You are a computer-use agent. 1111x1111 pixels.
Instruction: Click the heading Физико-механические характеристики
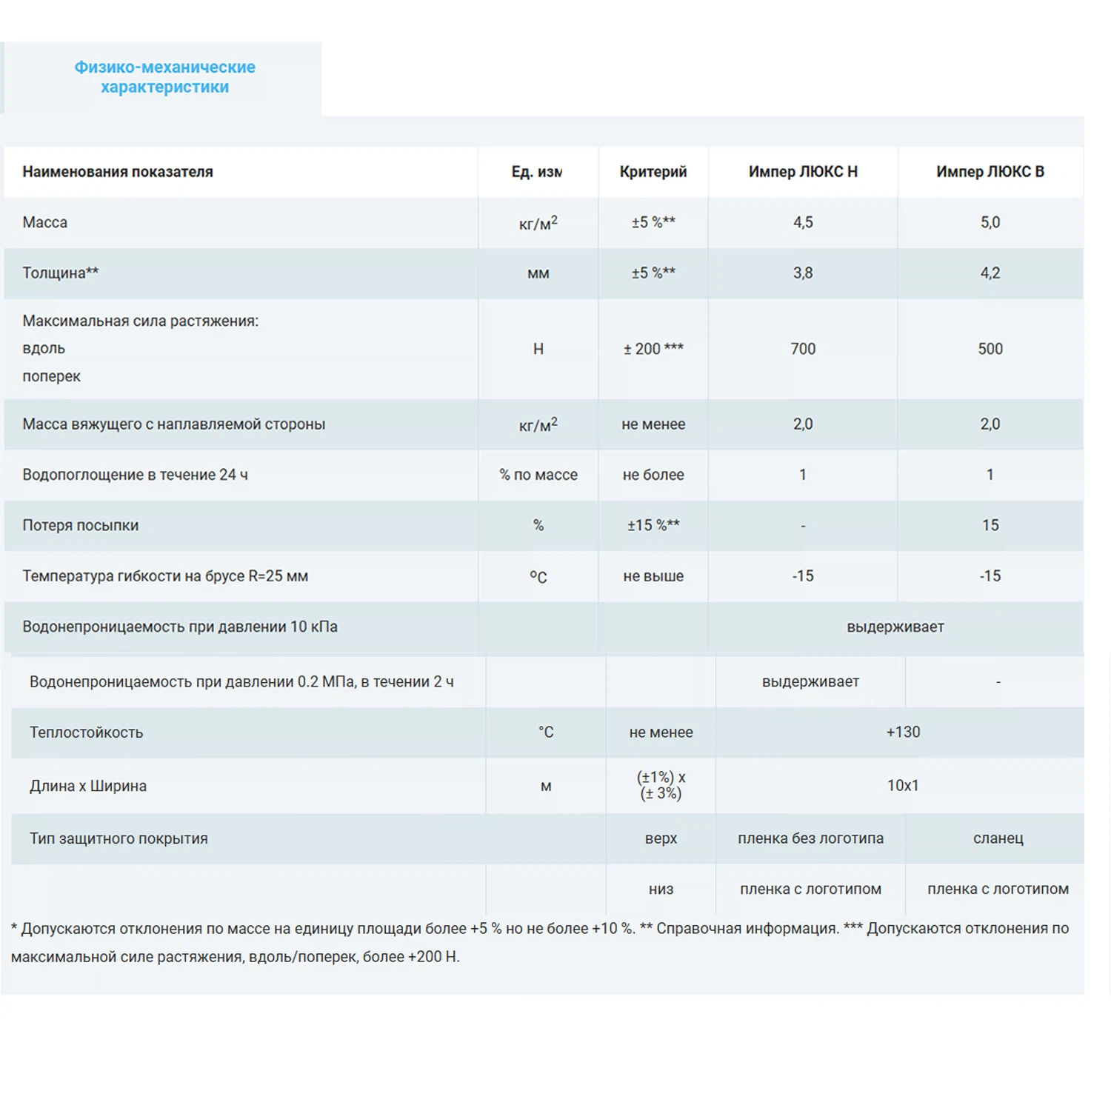[164, 77]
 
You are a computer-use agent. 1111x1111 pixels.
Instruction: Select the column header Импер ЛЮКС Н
[803, 172]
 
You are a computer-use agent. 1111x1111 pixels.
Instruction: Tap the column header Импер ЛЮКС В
[990, 172]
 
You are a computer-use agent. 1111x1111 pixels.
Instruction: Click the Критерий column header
[653, 172]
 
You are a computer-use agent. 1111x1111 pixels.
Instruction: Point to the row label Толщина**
[60, 273]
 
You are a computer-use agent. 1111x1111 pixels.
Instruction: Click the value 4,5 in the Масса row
[803, 222]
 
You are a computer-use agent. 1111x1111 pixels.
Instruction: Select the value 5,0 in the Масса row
[990, 222]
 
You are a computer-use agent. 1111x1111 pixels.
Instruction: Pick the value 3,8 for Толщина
[803, 273]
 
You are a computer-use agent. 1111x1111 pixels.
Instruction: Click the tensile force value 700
[803, 349]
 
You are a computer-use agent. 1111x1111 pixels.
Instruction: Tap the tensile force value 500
[990, 349]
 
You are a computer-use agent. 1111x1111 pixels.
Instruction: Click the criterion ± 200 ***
[653, 349]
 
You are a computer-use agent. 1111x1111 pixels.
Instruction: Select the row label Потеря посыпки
[80, 525]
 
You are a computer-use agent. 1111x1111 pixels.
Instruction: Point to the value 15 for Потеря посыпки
[990, 525]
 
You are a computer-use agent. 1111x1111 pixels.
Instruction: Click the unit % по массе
[538, 475]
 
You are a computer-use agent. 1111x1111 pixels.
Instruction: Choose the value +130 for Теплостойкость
[903, 732]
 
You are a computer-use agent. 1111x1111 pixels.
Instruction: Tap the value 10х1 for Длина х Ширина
[903, 785]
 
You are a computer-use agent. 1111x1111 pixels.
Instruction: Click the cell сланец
[998, 838]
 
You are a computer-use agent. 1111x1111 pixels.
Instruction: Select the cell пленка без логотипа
[810, 838]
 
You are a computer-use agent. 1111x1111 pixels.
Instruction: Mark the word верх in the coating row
[661, 838]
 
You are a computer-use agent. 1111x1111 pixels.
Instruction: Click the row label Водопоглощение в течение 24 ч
[135, 475]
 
